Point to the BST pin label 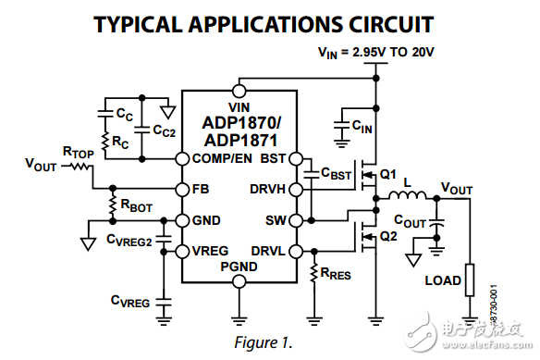tap(274, 158)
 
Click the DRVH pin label tap(267, 191)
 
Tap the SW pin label tap(276, 221)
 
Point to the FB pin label tap(200, 191)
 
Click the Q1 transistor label tap(387, 174)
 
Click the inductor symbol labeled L tap(411, 196)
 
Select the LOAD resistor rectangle tap(470, 279)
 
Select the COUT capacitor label tap(410, 221)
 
